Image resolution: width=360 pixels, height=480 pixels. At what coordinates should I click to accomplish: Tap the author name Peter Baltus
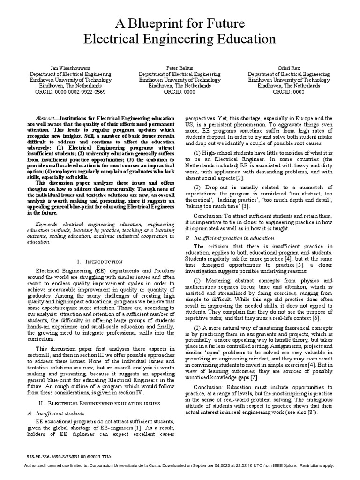[x=180, y=68]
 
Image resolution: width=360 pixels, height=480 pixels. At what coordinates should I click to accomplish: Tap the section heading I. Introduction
[x=99, y=262]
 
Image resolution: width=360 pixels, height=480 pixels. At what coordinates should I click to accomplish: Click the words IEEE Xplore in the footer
[x=286, y=465]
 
